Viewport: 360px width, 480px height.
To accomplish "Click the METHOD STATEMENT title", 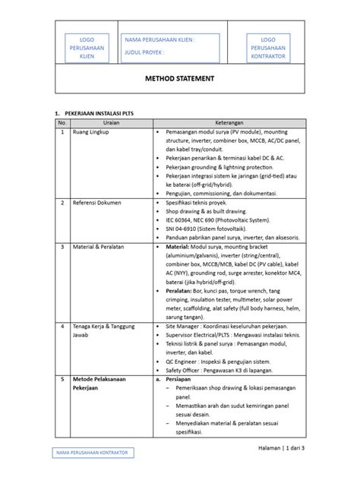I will (179, 78).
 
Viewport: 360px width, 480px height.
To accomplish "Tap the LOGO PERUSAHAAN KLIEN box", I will (86, 47).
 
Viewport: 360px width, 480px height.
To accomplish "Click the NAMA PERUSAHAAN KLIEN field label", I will (159, 39).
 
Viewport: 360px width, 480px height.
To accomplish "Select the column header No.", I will (62, 122).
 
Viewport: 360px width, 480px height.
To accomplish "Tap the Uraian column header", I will (110, 122).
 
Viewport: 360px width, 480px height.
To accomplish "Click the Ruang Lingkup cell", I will (91, 131).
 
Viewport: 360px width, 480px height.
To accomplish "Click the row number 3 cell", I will (62, 247).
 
